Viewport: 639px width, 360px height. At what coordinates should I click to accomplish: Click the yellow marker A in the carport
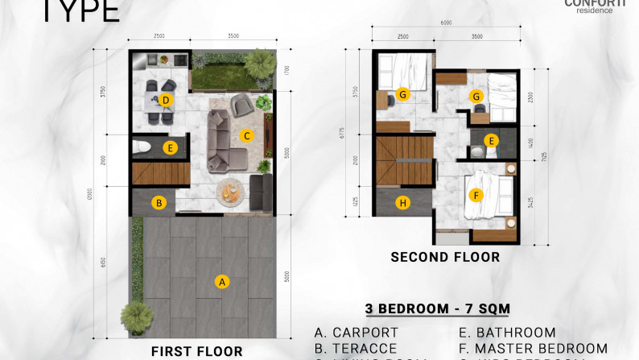pos(223,281)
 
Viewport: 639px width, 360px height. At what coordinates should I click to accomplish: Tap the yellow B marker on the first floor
pos(159,203)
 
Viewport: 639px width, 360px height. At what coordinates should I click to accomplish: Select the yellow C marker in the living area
pos(248,135)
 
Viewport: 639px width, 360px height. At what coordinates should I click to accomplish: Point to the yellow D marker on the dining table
pos(165,101)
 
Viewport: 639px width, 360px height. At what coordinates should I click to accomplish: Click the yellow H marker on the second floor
pos(403,203)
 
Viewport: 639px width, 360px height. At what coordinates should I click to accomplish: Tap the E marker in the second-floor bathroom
pos(493,139)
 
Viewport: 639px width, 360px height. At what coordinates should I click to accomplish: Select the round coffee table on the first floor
pos(231,192)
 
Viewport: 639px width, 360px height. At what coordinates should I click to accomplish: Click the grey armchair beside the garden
pos(241,104)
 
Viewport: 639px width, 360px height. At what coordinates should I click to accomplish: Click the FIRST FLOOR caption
pos(197,351)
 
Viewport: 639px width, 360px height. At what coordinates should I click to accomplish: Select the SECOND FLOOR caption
pos(445,258)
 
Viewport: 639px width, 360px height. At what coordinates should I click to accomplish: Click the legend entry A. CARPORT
pos(357,333)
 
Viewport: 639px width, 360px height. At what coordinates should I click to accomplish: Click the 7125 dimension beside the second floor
pos(545,156)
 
